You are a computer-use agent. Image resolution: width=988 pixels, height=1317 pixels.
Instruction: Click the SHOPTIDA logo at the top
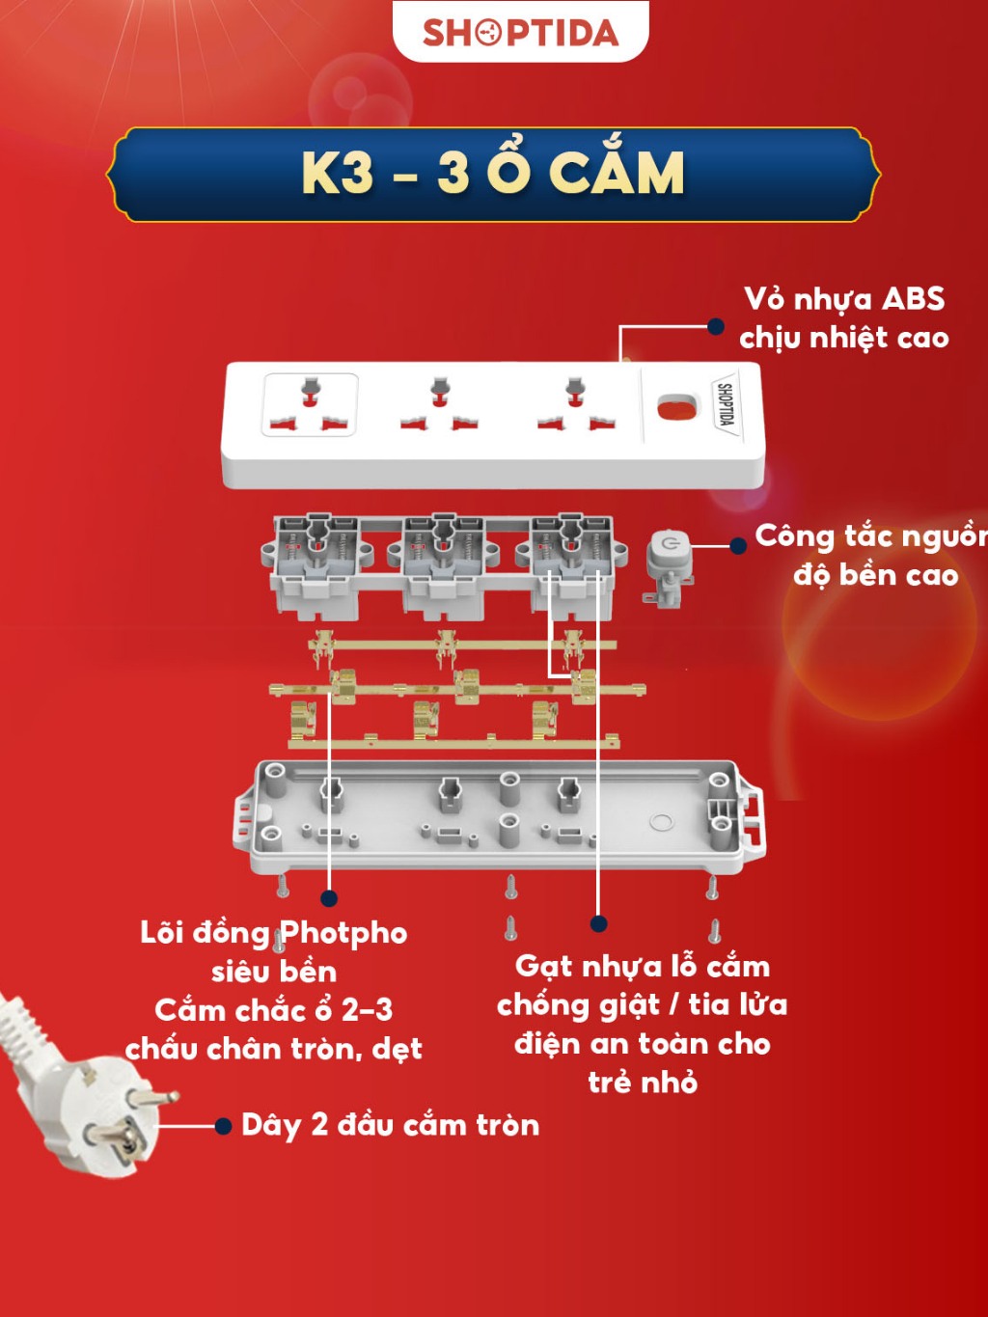[520, 33]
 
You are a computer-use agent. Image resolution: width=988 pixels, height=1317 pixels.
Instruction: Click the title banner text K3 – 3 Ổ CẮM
[492, 174]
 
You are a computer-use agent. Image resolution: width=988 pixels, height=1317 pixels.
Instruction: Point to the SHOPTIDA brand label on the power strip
[726, 404]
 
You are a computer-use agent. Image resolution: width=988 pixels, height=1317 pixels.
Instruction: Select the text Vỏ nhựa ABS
[844, 299]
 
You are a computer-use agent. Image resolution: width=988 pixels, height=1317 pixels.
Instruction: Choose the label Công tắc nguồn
[871, 537]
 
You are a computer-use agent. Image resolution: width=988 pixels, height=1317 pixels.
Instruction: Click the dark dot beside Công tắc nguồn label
[738, 545]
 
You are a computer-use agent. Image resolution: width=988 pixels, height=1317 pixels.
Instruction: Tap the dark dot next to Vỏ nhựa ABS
[715, 326]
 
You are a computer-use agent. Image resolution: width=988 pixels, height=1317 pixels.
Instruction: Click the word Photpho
[344, 934]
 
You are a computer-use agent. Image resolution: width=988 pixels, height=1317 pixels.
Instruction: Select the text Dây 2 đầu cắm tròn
[390, 1125]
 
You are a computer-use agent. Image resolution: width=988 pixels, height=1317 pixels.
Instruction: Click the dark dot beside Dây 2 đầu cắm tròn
[223, 1126]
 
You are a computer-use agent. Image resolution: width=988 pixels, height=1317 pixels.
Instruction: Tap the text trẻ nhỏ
[643, 1083]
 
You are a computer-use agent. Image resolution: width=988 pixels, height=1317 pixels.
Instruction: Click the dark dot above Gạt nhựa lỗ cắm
[598, 923]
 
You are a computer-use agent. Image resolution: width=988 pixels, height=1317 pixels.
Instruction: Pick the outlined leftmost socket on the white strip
[310, 404]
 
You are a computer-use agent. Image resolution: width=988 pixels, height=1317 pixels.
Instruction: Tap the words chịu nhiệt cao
[844, 339]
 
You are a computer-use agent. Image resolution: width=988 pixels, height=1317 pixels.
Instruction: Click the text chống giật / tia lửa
[642, 1005]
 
